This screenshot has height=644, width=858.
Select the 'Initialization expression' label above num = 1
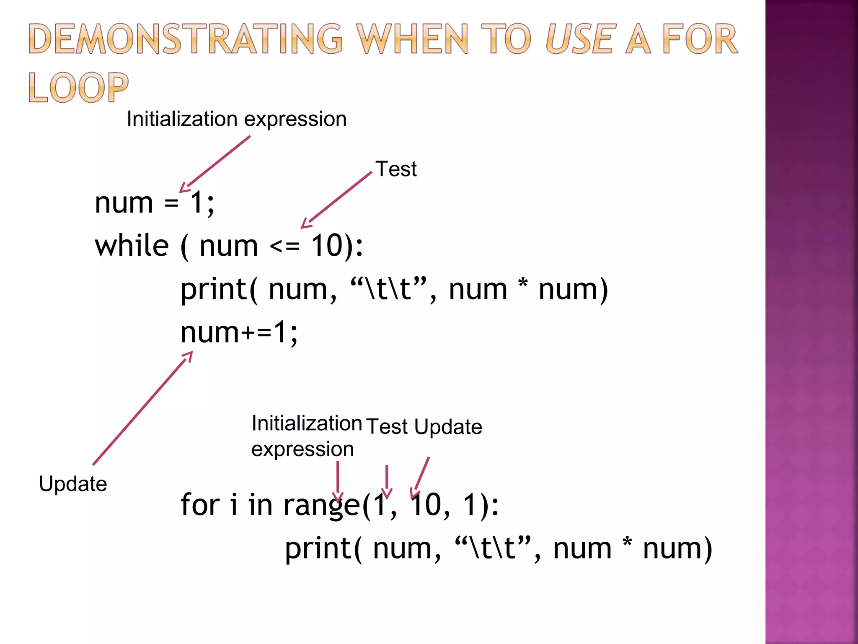237,119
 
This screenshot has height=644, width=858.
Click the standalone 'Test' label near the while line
396,169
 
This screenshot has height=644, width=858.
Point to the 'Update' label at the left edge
73,484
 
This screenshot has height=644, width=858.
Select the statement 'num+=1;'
239,332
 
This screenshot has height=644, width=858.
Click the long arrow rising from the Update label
142,408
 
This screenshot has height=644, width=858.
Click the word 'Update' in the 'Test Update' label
448,427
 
